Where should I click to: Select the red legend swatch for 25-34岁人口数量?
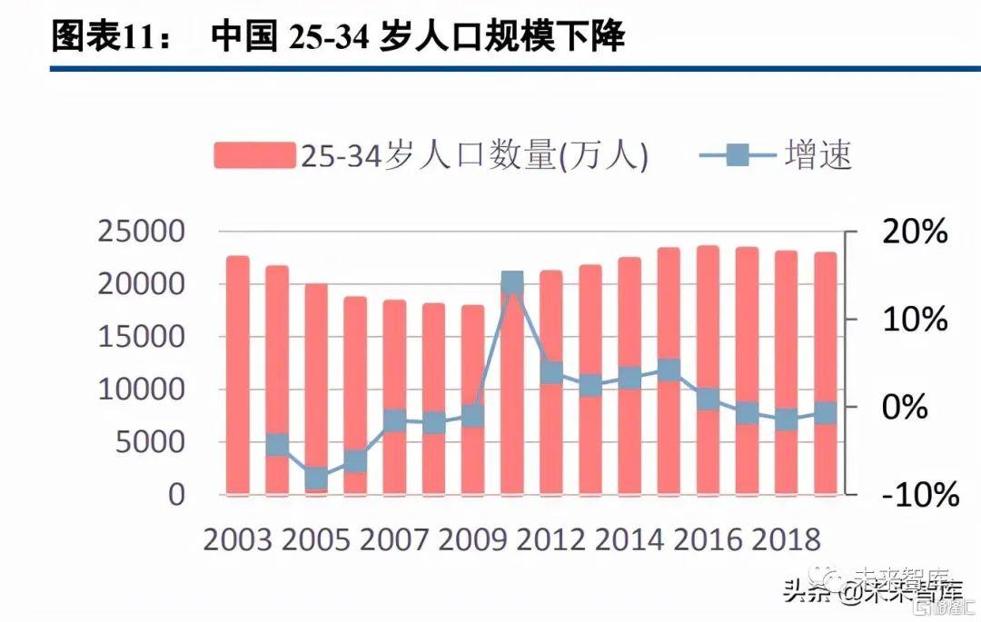click(x=255, y=155)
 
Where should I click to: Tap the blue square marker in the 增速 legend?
click(x=738, y=155)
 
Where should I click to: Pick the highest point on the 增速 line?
click(x=512, y=282)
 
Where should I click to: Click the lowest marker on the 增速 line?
click(x=316, y=478)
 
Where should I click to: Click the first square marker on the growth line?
click(x=277, y=445)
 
